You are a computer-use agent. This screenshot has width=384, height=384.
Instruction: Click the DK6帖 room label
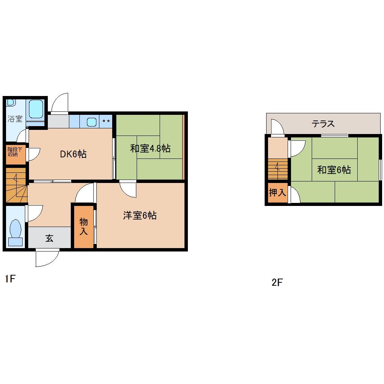(x=73, y=154)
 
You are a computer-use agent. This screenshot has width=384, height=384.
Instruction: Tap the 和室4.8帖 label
(x=150, y=148)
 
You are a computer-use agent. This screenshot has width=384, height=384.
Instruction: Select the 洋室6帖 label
(x=140, y=215)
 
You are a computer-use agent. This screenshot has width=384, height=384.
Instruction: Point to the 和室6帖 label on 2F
(x=334, y=170)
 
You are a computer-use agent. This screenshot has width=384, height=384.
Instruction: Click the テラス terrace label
(x=323, y=124)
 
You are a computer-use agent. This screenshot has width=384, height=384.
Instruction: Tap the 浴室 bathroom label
(x=15, y=119)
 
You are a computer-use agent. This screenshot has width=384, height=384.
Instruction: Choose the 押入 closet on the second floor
(x=277, y=193)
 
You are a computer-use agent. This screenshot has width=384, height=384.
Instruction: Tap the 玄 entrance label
(x=49, y=238)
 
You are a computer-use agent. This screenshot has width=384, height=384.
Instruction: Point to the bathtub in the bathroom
(x=36, y=110)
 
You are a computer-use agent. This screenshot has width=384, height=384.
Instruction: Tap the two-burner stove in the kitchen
(x=106, y=121)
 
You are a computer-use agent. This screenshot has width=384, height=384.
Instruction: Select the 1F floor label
(x=10, y=279)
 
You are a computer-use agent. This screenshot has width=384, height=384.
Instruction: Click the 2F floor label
(x=277, y=282)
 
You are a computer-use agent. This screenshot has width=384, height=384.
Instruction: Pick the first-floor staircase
(x=16, y=185)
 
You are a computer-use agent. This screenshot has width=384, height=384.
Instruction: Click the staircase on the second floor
(x=278, y=169)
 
